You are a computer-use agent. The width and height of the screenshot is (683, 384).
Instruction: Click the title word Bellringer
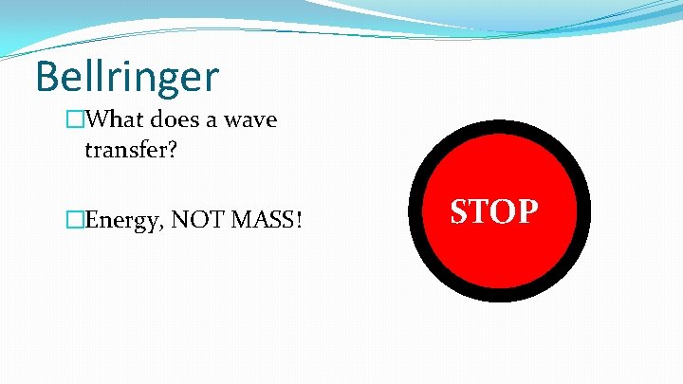[x=126, y=78]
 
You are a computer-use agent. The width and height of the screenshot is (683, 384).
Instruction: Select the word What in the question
[x=116, y=121]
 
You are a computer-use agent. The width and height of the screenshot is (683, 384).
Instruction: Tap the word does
[x=176, y=121]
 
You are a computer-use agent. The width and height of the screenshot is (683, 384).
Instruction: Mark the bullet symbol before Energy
[x=75, y=221]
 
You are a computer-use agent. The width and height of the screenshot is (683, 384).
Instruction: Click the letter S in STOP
[x=460, y=211]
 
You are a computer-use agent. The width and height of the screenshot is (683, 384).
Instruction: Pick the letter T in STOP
[x=481, y=211]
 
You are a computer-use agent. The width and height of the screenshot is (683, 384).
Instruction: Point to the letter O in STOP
[x=504, y=211]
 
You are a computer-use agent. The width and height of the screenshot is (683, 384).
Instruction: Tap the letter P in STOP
[x=528, y=211]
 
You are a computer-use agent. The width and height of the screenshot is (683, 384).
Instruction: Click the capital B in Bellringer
[x=48, y=77]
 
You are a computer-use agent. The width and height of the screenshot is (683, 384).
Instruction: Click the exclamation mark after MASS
[x=300, y=221]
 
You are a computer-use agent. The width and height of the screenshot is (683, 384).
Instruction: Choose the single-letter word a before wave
[x=214, y=123]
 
